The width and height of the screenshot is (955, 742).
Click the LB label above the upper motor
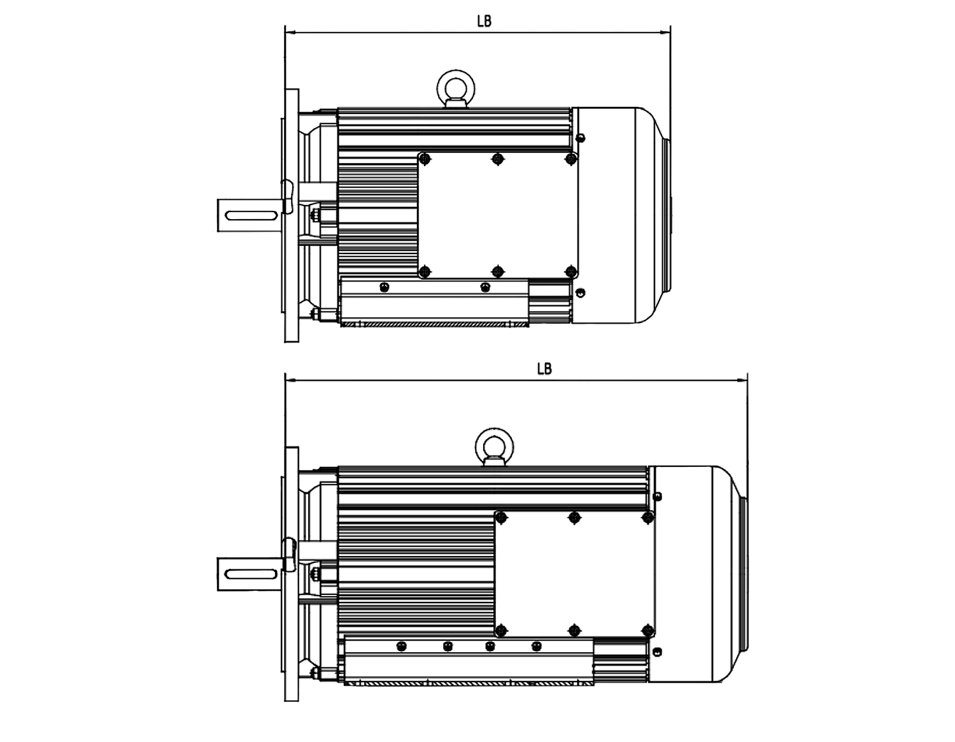(x=484, y=21)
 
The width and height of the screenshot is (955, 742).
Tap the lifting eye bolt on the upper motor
(x=456, y=89)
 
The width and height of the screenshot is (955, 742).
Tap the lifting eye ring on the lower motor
(x=494, y=446)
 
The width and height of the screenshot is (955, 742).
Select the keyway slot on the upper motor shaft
(x=251, y=215)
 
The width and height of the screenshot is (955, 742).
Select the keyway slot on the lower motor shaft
(x=251, y=574)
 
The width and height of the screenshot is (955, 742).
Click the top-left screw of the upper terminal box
(x=424, y=158)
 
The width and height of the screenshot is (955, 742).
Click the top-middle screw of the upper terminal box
(x=497, y=158)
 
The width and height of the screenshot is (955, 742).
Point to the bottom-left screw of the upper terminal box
(x=424, y=271)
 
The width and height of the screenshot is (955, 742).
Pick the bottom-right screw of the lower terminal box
(x=647, y=631)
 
